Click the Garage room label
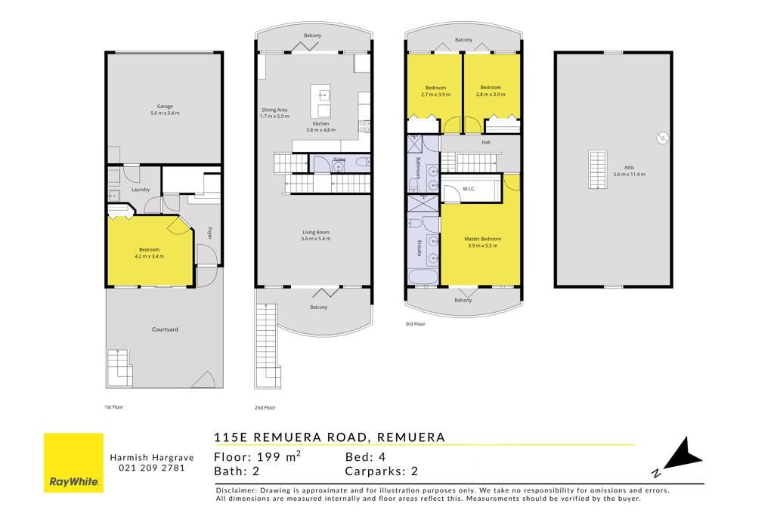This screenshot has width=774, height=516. (x=165, y=106)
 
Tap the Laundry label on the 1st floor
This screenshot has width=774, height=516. (x=141, y=190)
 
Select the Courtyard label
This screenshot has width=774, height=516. (x=165, y=329)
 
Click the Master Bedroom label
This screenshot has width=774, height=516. (x=483, y=239)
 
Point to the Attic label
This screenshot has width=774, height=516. (x=629, y=167)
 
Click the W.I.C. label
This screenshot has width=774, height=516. (x=469, y=189)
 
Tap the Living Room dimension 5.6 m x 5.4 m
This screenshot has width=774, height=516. (x=316, y=239)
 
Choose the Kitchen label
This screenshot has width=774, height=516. (x=320, y=123)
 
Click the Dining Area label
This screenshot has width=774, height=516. (x=274, y=110)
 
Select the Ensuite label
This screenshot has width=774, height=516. (x=419, y=248)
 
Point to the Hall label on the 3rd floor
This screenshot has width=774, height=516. (x=486, y=142)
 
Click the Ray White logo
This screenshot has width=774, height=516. (x=73, y=462)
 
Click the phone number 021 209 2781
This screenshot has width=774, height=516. (x=152, y=468)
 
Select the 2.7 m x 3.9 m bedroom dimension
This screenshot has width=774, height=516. (x=436, y=94)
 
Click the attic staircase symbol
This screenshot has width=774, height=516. (x=598, y=170)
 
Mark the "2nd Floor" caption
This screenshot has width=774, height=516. (x=265, y=407)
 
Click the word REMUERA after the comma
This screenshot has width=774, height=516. (x=410, y=437)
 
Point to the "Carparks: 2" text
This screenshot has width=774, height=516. (x=382, y=471)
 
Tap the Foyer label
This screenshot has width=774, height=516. (x=209, y=233)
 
